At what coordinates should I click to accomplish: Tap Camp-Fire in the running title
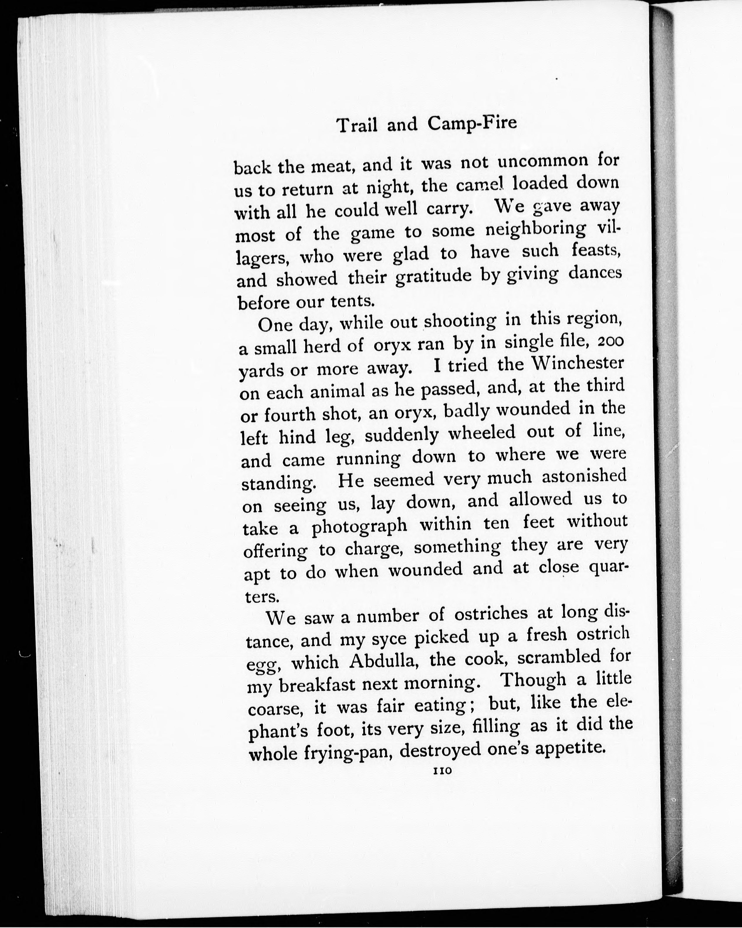pyautogui.click(x=472, y=124)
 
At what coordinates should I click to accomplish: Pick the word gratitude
pyautogui.click(x=433, y=278)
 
